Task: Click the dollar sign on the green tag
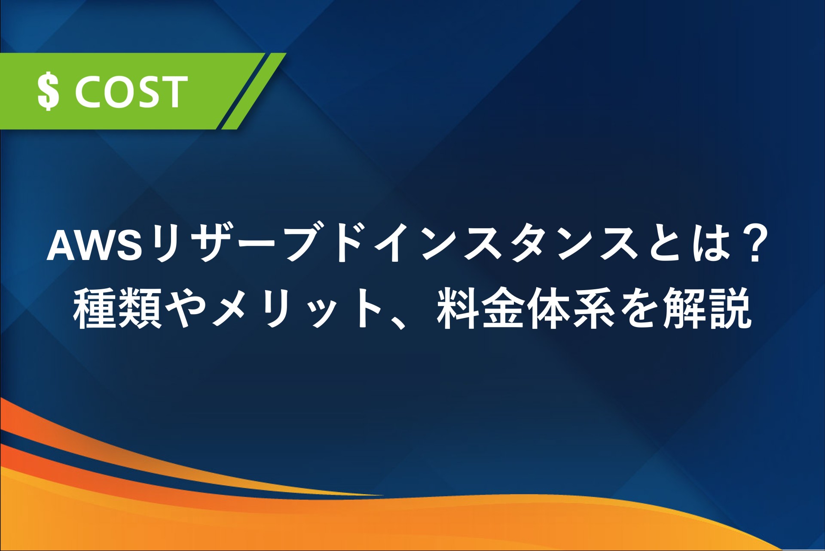point(48,92)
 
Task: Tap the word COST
point(131,92)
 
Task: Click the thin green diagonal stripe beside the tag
point(254,91)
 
